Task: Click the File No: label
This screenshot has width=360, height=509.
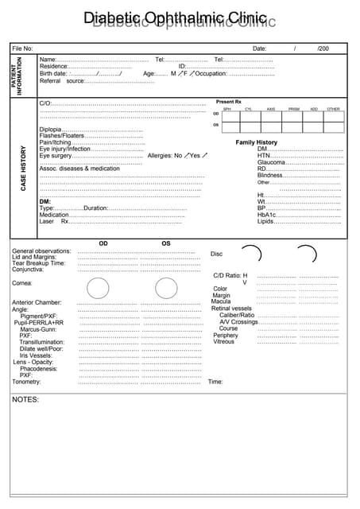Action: (x=22, y=49)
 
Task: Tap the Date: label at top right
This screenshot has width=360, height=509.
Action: (x=259, y=49)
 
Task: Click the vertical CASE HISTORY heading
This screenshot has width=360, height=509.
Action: (x=23, y=167)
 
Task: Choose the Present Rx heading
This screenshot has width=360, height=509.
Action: (x=228, y=102)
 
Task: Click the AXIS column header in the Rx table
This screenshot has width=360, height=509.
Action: (x=271, y=109)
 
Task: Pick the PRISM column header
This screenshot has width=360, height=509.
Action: (x=293, y=109)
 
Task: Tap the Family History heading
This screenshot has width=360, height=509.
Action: (x=256, y=142)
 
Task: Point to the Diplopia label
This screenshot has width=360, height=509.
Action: (x=50, y=130)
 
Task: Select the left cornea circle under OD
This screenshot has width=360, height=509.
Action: (x=98, y=288)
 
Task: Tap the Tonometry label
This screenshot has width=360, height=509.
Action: (x=26, y=382)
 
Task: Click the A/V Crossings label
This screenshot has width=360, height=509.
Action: (x=238, y=322)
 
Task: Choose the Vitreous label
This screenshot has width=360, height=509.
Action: (x=224, y=341)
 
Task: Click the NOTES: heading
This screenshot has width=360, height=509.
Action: (x=25, y=399)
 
